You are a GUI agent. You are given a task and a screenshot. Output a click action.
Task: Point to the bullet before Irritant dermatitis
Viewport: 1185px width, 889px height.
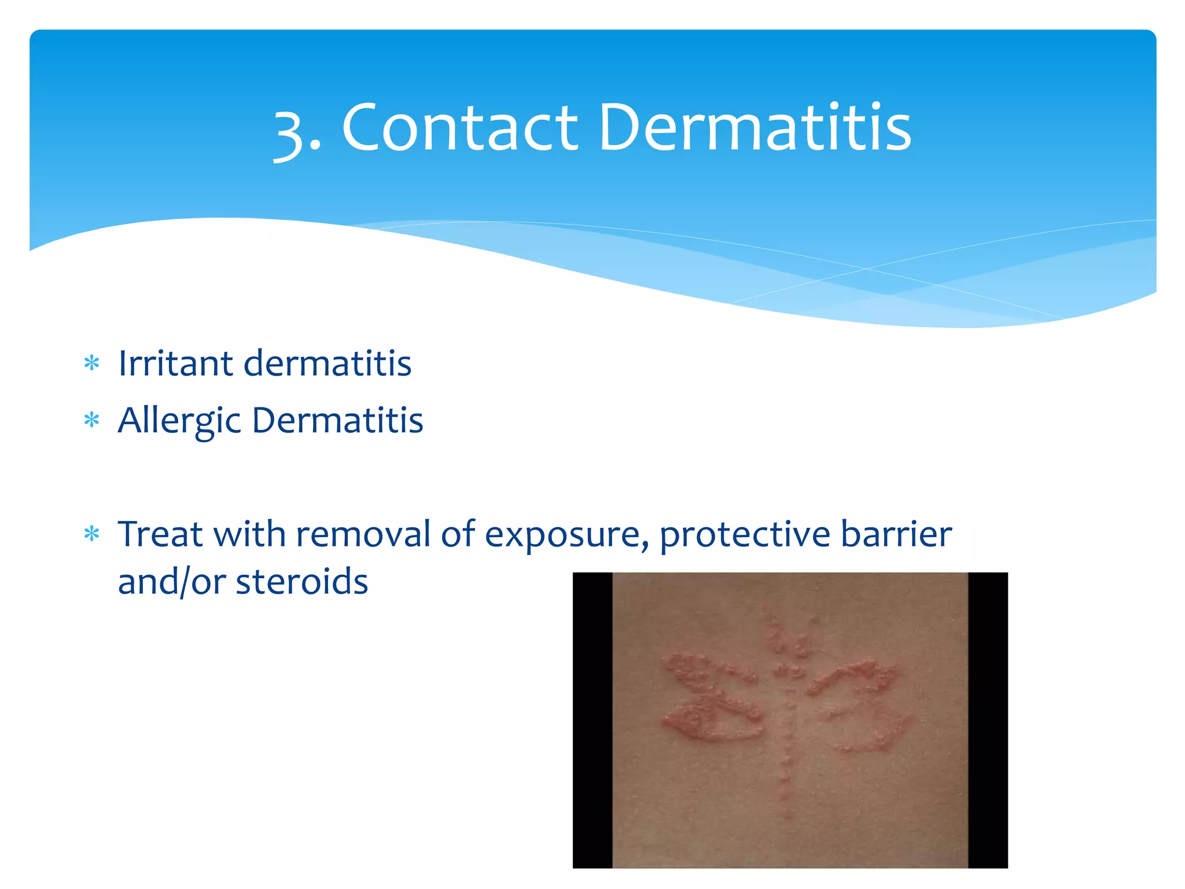(x=92, y=364)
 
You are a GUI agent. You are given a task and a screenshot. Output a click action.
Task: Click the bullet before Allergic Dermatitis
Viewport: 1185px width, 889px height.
(x=92, y=420)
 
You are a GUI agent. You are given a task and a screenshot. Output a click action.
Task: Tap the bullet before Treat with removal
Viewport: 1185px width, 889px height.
(x=92, y=534)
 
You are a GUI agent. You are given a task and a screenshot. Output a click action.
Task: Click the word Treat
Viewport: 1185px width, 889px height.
(x=160, y=534)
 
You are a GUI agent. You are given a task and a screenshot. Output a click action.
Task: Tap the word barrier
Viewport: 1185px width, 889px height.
(x=896, y=534)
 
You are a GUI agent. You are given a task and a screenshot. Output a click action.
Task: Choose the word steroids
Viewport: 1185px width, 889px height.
(x=301, y=582)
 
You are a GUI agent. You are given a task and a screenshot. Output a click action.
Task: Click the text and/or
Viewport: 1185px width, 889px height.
(x=171, y=582)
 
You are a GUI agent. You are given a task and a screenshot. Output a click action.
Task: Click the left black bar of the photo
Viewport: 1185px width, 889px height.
(x=592, y=720)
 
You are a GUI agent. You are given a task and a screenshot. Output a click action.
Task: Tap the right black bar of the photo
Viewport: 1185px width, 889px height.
(x=988, y=720)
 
